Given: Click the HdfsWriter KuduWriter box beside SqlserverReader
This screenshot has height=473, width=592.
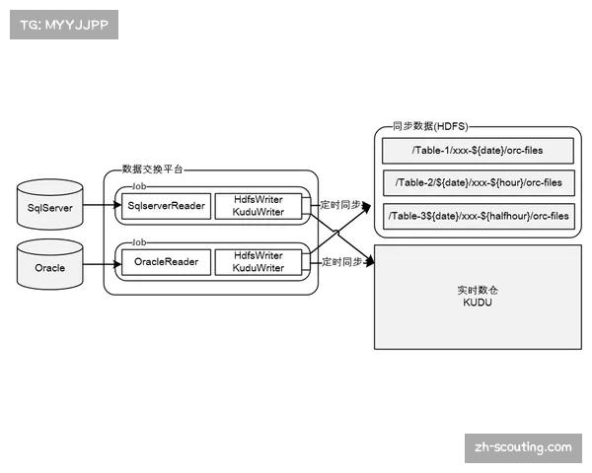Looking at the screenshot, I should pos(259,205).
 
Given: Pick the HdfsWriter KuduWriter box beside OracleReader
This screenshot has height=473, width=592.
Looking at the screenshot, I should pos(259,262).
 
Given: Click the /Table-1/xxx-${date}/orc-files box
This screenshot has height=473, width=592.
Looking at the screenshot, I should pos(477,151).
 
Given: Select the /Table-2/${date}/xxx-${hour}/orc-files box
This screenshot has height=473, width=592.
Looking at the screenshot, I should pos(477,183).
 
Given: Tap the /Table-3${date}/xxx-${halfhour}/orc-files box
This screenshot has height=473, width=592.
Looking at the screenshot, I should pos(477,216).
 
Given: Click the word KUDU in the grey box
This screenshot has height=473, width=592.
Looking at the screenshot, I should pos(477,304).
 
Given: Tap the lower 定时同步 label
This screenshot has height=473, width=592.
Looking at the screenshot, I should pos(340,261).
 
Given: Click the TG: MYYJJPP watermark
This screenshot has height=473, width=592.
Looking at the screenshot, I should pos(63,26).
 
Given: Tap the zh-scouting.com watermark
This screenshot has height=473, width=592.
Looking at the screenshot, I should pos(522,447).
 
